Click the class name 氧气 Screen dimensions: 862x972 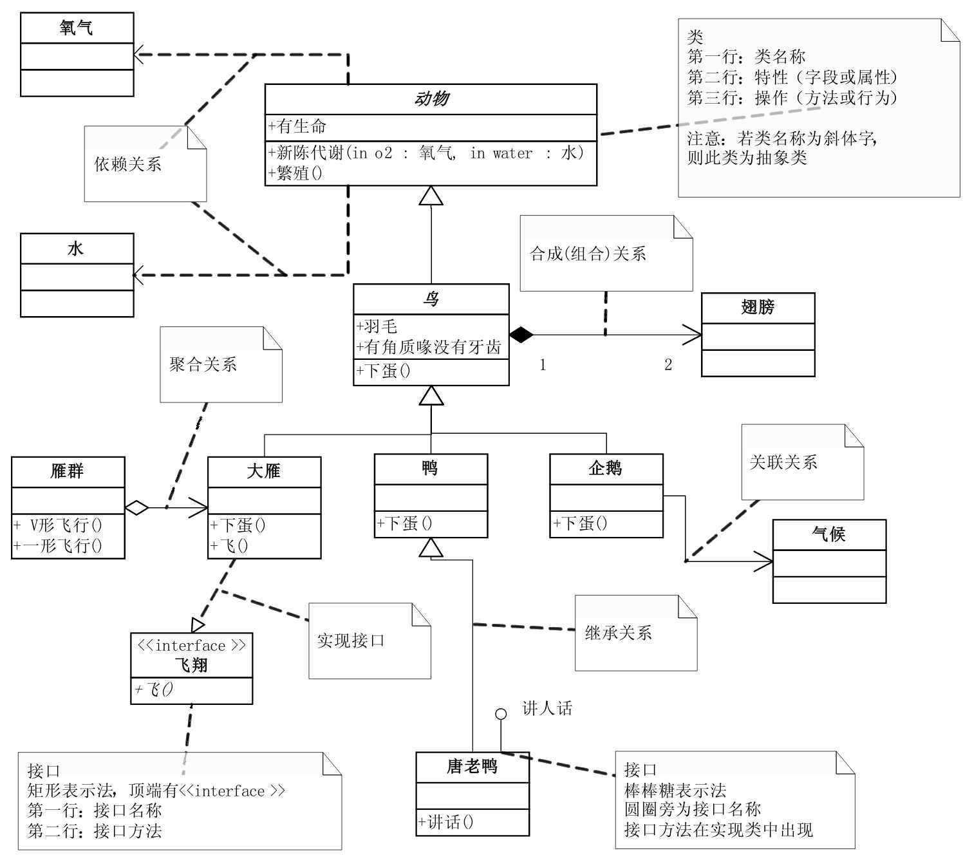click(77, 28)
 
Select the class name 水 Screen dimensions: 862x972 click(76, 248)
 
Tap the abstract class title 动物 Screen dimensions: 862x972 click(431, 99)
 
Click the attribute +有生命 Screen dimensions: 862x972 click(297, 127)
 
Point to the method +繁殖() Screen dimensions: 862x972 click(295, 173)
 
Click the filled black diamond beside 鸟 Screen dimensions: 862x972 click(521, 335)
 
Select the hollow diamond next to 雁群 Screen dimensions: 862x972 click(136, 508)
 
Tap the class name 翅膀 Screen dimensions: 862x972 click(758, 308)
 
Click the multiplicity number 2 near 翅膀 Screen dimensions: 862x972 click(668, 365)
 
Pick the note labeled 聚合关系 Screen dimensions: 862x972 click(203, 365)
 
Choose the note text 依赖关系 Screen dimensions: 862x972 click(128, 164)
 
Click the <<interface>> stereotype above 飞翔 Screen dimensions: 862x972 click(191, 646)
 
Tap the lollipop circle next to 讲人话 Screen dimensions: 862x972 click(501, 714)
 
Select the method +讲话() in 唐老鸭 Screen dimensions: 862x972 click(446, 822)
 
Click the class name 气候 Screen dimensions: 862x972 click(828, 534)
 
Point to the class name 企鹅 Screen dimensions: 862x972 click(606, 469)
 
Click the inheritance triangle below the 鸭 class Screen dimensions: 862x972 click(431, 548)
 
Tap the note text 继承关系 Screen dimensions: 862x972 click(618, 633)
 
